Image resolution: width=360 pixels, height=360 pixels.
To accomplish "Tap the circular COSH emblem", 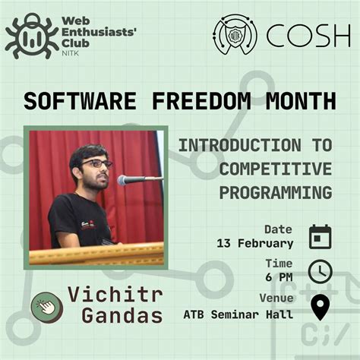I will coord(235,34).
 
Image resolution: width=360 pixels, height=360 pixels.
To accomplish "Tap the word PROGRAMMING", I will coord(276,191).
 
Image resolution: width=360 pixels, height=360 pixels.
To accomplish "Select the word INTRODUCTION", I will coord(239,145).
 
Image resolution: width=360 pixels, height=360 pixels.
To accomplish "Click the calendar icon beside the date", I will coord(320,237).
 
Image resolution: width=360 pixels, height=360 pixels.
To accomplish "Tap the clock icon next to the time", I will coord(320,271).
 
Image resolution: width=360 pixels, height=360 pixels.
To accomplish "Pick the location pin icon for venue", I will coord(320,307).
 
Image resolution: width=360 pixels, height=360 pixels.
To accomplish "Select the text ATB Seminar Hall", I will coord(238,313).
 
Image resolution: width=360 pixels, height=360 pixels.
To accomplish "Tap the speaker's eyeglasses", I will coord(98,163).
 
